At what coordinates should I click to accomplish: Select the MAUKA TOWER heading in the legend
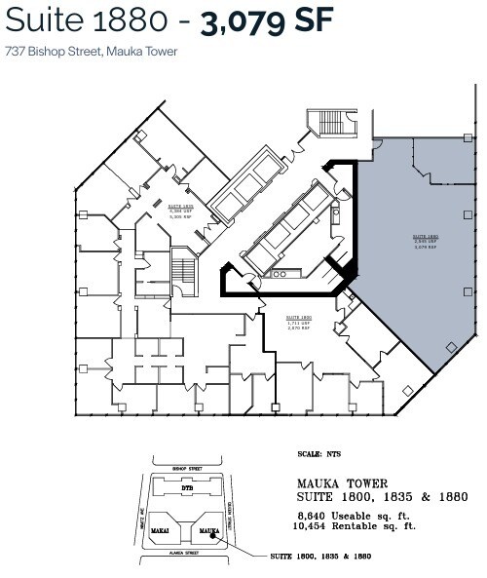[x=344, y=483]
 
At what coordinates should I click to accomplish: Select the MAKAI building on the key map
[x=161, y=530]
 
